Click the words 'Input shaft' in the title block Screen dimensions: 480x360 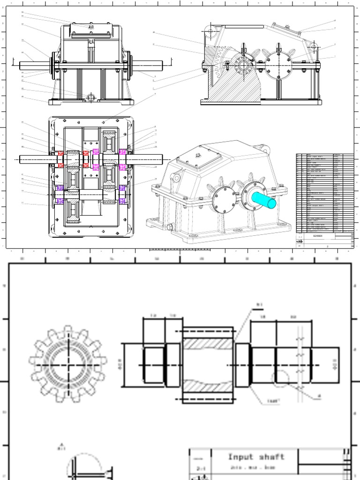(256, 457)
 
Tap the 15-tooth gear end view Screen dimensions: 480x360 (68, 364)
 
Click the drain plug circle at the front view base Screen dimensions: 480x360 (91, 97)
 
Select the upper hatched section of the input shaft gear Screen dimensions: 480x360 (207, 344)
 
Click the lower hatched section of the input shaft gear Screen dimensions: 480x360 (207, 386)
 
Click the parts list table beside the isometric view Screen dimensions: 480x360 (324, 192)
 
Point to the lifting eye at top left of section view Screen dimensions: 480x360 (210, 32)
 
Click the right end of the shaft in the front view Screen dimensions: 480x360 (155, 66)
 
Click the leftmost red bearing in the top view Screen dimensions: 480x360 (60, 154)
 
